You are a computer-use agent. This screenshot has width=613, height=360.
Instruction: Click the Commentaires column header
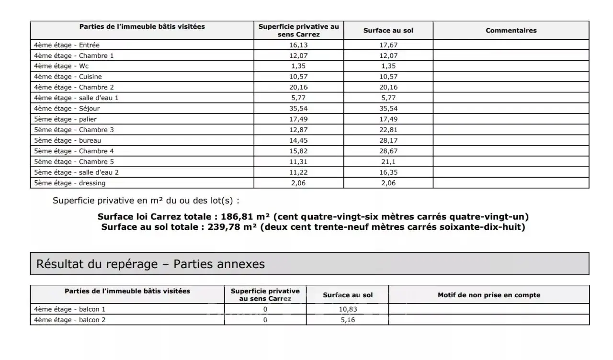coord(511,30)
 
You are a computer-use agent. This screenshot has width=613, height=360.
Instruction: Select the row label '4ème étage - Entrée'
coord(67,45)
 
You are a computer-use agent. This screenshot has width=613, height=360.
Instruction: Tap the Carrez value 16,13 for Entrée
coord(299,45)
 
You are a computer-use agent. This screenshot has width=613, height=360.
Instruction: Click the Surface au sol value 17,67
coord(388,45)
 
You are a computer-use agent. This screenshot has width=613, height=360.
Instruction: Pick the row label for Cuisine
coord(68,77)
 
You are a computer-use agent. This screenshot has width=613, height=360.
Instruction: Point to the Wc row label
coord(61,66)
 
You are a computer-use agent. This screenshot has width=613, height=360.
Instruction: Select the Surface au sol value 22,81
coord(388,130)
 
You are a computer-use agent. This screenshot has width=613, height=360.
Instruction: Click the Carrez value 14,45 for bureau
coord(299,140)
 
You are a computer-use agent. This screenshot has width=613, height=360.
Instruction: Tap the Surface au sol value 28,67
coord(388,151)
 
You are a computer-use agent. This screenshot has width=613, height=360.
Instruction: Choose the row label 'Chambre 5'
coord(74,162)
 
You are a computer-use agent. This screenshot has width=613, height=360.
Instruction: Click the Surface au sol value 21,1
coord(388,162)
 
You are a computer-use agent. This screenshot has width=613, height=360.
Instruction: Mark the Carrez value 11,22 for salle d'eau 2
coord(299,172)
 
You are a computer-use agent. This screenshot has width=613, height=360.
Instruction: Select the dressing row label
coord(70,183)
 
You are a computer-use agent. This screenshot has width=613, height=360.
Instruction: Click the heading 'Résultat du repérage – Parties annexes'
coord(150,264)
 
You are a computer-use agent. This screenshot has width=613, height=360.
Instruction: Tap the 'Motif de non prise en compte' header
coord(489,295)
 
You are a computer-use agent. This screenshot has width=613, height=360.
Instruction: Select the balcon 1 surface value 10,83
coord(348,309)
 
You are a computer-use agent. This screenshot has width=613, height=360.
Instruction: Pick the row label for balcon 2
coord(70,320)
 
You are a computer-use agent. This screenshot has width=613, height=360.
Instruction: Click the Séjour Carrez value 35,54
coord(299,109)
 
